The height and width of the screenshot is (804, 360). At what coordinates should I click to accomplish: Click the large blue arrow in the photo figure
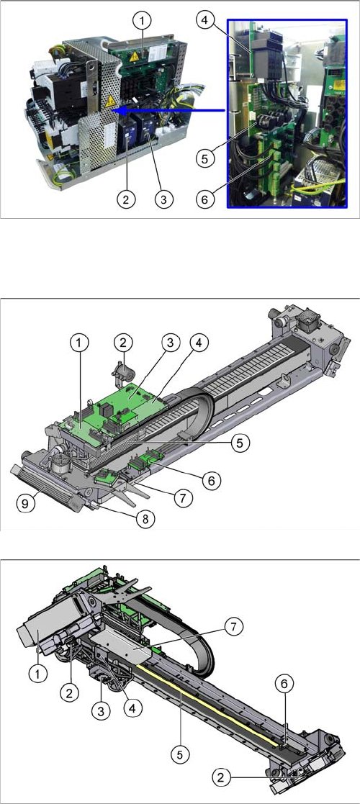(168, 109)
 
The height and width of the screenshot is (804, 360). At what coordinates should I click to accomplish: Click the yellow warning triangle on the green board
(135, 56)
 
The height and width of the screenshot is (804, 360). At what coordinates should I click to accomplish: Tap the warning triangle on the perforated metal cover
(109, 103)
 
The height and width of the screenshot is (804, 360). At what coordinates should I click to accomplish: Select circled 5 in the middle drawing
(240, 443)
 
